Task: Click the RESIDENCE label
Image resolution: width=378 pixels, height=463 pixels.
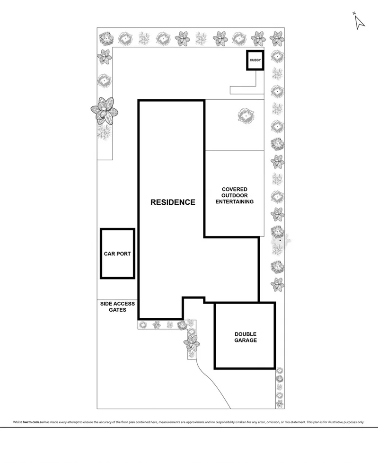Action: [173, 202]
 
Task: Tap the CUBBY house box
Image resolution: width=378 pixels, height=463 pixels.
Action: [255, 60]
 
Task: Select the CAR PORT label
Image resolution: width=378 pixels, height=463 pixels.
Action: [117, 253]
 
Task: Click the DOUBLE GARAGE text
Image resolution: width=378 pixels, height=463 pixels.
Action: [246, 336]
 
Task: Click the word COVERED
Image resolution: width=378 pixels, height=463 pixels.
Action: [235, 189]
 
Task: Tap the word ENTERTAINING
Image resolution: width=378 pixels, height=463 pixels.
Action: [235, 201]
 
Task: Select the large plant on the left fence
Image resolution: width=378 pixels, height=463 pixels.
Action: [104, 111]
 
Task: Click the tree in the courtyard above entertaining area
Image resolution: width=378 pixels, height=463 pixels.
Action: [246, 115]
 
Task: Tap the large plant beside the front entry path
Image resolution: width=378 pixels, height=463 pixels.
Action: [192, 341]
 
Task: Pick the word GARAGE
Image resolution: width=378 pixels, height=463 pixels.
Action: [246, 340]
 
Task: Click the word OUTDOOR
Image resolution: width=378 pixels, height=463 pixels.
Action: [235, 195]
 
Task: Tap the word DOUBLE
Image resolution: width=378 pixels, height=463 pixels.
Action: [246, 333]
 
